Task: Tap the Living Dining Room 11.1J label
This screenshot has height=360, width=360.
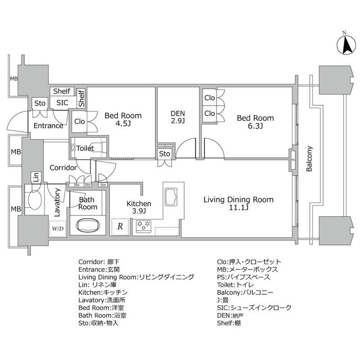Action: point(238,203)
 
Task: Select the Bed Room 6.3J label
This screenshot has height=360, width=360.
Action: point(256,122)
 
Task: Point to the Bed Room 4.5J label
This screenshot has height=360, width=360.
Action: point(123,120)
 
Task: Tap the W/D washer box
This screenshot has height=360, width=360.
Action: point(58,228)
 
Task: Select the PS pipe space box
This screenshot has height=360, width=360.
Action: point(293,159)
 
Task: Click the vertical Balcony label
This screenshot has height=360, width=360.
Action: point(310,159)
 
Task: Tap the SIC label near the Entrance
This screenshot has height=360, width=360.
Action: point(62,103)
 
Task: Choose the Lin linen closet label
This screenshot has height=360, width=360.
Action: point(35,177)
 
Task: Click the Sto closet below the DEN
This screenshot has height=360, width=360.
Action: point(165,154)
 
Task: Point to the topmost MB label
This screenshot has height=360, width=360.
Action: point(14,79)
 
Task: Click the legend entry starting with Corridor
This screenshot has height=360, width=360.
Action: point(99,261)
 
